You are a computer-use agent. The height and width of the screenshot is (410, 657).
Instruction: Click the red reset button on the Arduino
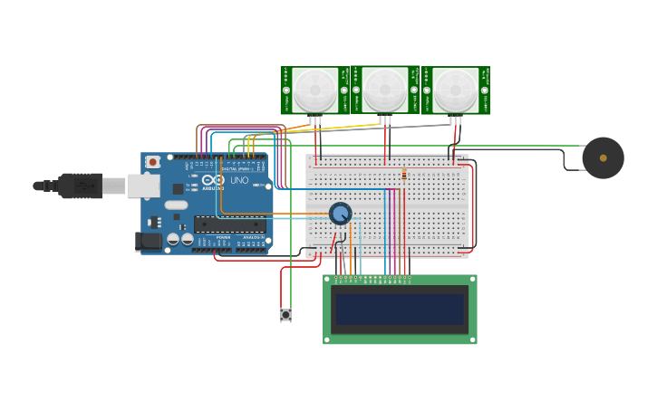pyautogui.click(x=153, y=162)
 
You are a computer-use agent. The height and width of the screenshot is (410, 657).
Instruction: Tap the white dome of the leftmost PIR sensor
pyautogui.click(x=314, y=89)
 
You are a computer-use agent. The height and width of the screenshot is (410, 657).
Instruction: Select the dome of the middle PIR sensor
pyautogui.click(x=385, y=89)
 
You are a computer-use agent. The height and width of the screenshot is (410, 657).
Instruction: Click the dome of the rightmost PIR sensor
pyautogui.click(x=455, y=89)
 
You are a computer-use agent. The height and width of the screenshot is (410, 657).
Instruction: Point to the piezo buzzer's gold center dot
pyautogui.click(x=604, y=157)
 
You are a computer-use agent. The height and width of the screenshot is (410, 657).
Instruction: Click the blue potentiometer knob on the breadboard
pyautogui.click(x=340, y=214)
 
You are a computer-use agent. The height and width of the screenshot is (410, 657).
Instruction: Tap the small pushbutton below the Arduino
pyautogui.click(x=285, y=315)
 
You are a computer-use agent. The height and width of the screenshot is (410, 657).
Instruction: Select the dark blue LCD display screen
pyautogui.click(x=400, y=310)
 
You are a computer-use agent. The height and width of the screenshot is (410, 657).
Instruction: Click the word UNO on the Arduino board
pyautogui.click(x=239, y=180)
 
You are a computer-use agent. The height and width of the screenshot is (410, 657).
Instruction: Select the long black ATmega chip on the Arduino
pyautogui.click(x=230, y=224)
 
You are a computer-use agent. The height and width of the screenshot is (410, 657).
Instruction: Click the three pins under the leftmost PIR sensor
pyautogui.click(x=314, y=119)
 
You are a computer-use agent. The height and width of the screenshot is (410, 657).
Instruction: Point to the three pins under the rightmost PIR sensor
pyautogui.click(x=455, y=119)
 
